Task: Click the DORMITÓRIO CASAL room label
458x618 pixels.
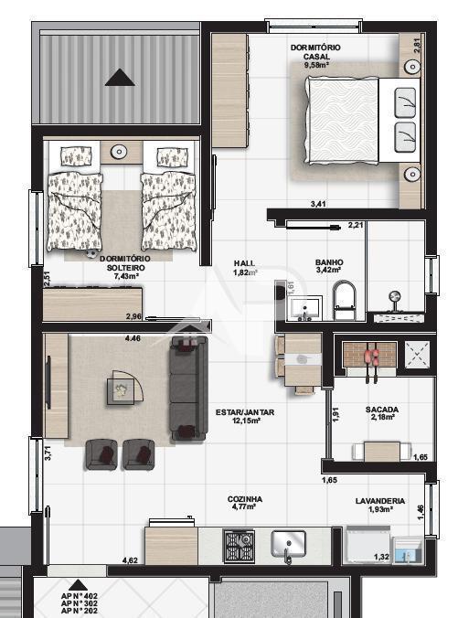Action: point(316,55)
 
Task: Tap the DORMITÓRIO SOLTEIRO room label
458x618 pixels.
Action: point(125,267)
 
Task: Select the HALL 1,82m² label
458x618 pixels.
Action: point(245,267)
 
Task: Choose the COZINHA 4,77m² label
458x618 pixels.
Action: point(245,504)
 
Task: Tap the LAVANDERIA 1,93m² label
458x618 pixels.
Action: point(380,505)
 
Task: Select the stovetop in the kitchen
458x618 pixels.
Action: point(240,546)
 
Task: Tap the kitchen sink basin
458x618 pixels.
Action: point(289,546)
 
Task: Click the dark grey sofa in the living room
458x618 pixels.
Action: point(188,386)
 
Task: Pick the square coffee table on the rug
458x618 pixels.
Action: point(121,390)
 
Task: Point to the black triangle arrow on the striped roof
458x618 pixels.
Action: point(120,78)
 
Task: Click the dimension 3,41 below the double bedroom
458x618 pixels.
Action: point(318,204)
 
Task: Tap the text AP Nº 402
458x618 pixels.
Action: point(80,596)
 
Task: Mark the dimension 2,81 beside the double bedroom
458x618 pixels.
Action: point(417,43)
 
